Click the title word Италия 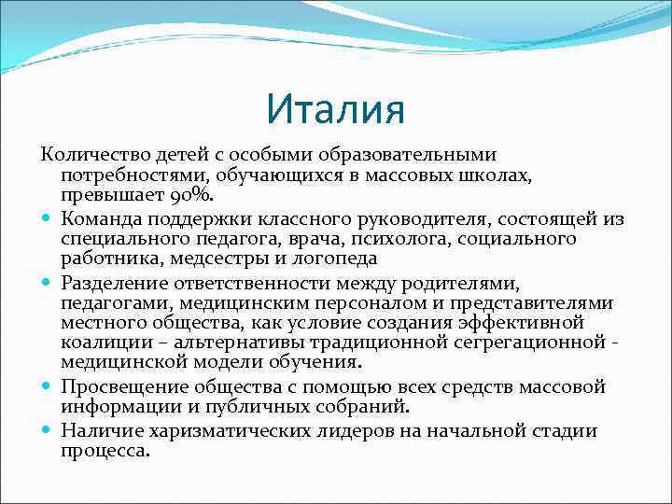[335, 109]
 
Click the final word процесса [105, 450]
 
